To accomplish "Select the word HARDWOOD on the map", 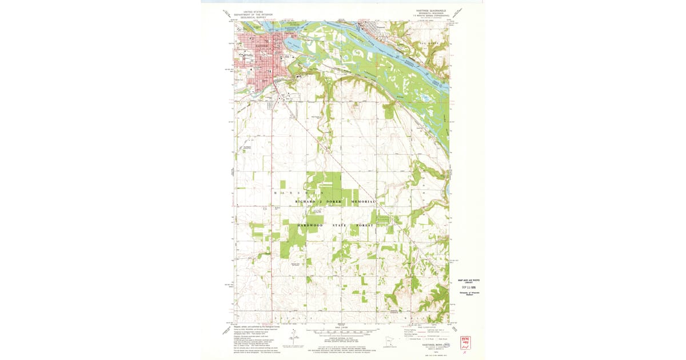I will click(310, 226).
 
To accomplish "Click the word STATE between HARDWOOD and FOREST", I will click(338, 226).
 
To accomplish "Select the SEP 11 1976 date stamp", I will click(468, 286).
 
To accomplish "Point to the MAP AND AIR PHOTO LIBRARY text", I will click(468, 281).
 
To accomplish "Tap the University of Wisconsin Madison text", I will click(468, 293).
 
